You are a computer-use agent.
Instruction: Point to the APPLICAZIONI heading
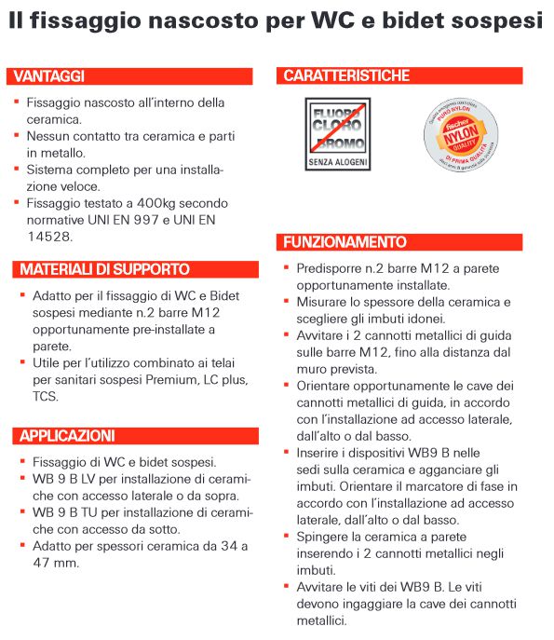67,436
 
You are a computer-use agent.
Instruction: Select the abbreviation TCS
45,396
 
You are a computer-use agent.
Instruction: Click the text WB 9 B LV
65,479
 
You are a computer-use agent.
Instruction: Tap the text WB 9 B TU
65,512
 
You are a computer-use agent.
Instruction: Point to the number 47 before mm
41,563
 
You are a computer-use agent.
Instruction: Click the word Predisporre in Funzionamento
331,268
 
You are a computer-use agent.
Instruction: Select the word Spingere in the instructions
325,537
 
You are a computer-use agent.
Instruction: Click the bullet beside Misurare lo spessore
286,302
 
